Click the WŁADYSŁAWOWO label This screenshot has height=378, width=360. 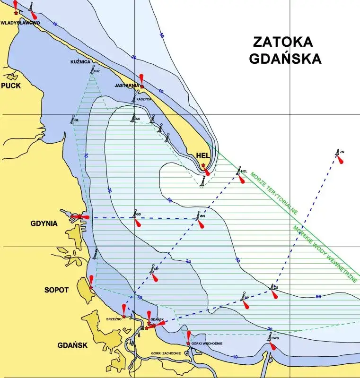20,23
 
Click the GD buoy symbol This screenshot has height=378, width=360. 134,214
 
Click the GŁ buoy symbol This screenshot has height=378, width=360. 73,119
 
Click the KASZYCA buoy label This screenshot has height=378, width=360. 144,99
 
